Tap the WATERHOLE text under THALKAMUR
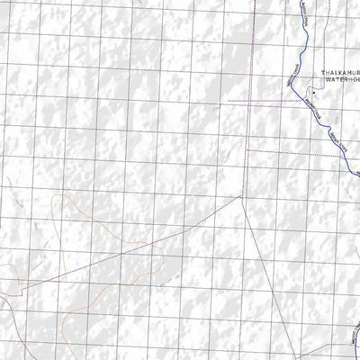coord(340,87)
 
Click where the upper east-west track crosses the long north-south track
coord(249,101)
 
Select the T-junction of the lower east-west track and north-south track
coord(247,151)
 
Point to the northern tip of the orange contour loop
coord(63,195)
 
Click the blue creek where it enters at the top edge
coord(297,3)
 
